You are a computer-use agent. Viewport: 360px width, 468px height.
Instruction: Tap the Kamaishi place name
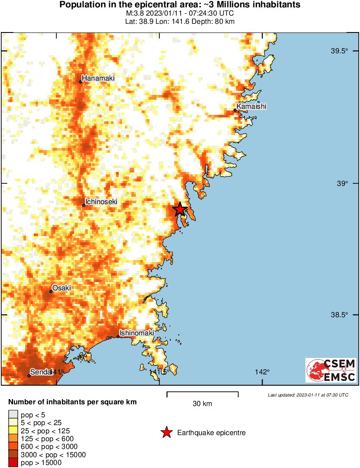pos(251,106)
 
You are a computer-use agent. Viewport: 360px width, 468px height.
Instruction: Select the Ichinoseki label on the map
pos(101,201)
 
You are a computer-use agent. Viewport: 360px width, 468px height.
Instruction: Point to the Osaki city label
pos(62,288)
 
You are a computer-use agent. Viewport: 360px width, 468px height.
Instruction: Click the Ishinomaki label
pos(136,333)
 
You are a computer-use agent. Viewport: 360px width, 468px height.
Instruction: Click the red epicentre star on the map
pos(180,209)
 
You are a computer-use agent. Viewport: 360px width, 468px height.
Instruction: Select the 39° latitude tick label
pos(342,184)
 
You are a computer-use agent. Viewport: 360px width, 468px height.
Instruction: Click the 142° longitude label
pos(262,372)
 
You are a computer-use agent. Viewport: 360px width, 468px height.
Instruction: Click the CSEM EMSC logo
pos(331,370)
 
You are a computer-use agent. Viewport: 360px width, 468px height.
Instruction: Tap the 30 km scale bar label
pos(202,404)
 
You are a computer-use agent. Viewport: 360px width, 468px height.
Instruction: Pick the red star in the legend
pos(166,432)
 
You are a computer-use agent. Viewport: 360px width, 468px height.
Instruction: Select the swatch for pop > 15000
pos(13,462)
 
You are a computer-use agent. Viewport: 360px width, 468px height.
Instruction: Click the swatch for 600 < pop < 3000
pos(13,446)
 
